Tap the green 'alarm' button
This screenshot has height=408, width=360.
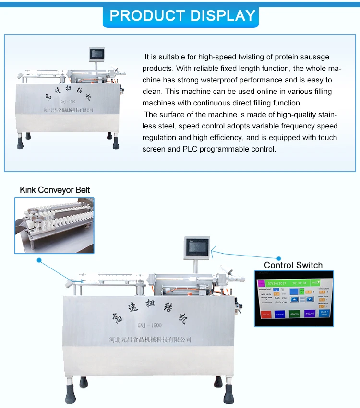294,314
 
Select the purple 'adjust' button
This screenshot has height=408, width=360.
309,314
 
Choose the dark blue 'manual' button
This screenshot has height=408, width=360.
279,314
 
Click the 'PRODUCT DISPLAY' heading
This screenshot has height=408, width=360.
182,15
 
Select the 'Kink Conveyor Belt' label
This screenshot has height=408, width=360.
54,190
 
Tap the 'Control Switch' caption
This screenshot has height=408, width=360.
293,265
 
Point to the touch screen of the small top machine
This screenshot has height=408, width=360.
96,54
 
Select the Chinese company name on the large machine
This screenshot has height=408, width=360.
149,339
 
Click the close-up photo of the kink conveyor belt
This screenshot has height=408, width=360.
54,225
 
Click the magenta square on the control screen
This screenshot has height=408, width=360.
262,282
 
